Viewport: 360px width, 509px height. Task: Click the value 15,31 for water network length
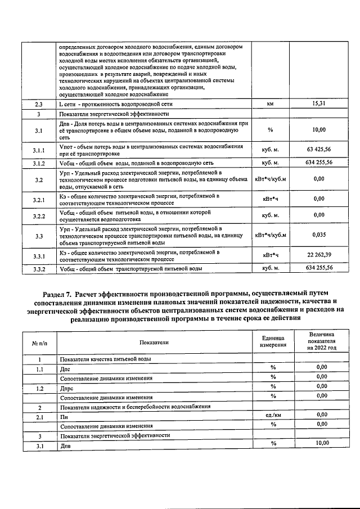coord(319,105)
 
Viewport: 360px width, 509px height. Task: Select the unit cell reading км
coord(271,105)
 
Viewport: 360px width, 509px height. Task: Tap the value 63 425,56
coord(319,150)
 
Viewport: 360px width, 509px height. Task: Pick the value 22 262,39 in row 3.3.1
coord(319,256)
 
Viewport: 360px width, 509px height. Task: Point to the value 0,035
coord(319,235)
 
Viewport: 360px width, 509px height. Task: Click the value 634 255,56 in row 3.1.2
coord(319,163)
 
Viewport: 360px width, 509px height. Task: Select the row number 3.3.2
coord(39,269)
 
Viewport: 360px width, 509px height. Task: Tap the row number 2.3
coord(39,105)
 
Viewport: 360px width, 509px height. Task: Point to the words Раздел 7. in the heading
coord(61,293)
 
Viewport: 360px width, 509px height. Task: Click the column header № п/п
coord(39,342)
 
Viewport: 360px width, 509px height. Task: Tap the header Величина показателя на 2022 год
coord(321,341)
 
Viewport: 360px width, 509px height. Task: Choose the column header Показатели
coord(154,342)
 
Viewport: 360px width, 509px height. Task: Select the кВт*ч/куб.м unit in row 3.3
coord(271,235)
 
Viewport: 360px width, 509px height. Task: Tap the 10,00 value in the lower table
coord(321,443)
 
